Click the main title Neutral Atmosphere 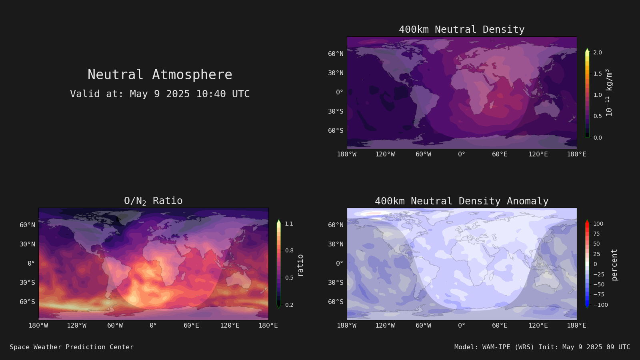click(x=160, y=75)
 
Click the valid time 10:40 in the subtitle click(x=211, y=94)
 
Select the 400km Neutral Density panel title click(x=462, y=30)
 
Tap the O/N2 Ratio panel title click(x=154, y=201)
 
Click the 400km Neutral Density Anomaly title click(x=462, y=201)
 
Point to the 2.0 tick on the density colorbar click(x=598, y=52)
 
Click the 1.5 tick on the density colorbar click(x=598, y=74)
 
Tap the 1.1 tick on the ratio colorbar click(x=289, y=224)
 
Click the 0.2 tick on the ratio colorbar click(x=289, y=305)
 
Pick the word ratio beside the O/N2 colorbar click(x=300, y=266)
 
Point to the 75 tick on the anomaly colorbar click(x=596, y=234)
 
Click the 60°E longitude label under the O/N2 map click(x=192, y=326)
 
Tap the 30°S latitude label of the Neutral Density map click(x=336, y=112)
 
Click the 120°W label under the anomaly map click(x=385, y=326)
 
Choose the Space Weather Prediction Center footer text click(x=72, y=347)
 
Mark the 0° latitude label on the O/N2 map click(x=31, y=264)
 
